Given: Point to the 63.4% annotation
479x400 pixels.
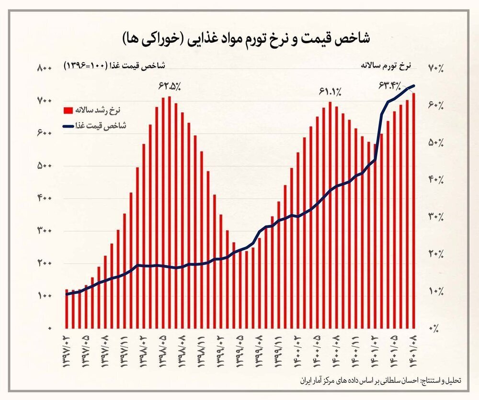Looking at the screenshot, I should (x=390, y=85).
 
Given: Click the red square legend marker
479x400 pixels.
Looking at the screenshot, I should (x=68, y=110).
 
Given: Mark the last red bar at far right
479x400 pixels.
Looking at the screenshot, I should (x=414, y=211).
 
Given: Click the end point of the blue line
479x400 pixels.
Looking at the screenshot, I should (x=414, y=86).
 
